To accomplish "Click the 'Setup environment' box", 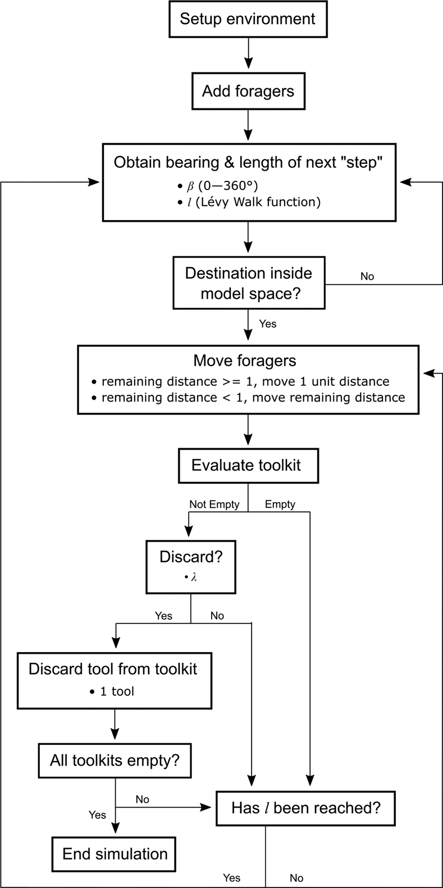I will [x=248, y=19].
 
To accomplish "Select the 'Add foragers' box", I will [x=248, y=91].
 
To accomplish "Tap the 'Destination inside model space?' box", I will [x=249, y=283].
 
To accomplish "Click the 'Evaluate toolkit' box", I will [x=248, y=465].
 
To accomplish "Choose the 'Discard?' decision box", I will [x=191, y=566].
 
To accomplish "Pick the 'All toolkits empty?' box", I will [x=115, y=761].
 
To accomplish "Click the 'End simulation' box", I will [x=115, y=854].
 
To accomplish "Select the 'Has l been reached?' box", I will [x=306, y=808].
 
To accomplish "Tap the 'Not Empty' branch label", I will [x=214, y=504].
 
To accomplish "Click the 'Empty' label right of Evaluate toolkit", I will [x=280, y=504].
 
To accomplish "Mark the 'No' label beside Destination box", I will [x=367, y=276].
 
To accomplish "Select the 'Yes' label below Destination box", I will [x=268, y=324].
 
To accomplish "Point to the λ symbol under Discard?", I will [x=193, y=577].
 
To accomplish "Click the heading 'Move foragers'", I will [x=244, y=361].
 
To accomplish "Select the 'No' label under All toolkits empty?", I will [x=142, y=799].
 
